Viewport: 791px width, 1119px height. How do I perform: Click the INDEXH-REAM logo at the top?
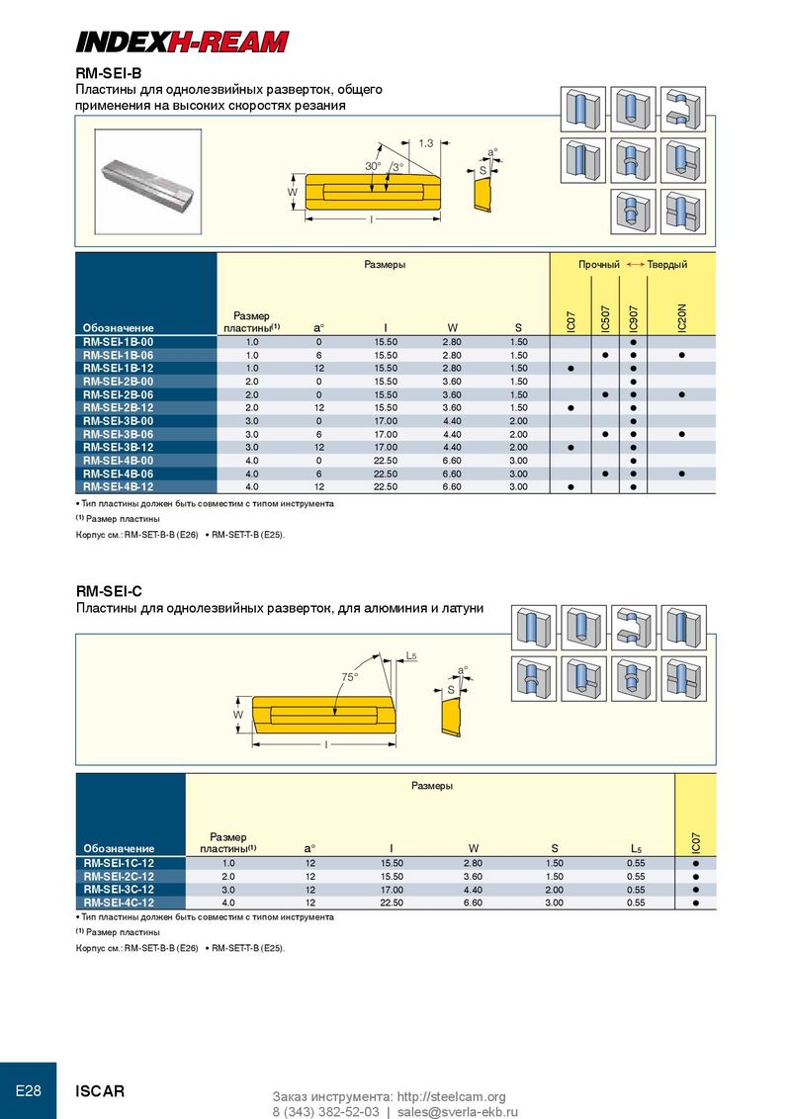pyautogui.click(x=182, y=42)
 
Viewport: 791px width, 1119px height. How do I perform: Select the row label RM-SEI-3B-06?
pyautogui.click(x=118, y=434)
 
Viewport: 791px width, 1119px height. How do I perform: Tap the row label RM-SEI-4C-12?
pyautogui.click(x=119, y=903)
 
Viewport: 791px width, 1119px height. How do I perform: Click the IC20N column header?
pyautogui.click(x=682, y=317)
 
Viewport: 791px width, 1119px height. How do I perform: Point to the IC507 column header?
pyautogui.click(x=605, y=319)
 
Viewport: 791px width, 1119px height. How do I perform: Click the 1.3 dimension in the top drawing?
pyautogui.click(x=425, y=142)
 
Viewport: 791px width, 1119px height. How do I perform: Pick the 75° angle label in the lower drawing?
pyautogui.click(x=350, y=676)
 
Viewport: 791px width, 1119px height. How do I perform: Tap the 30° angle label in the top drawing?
pyautogui.click(x=374, y=165)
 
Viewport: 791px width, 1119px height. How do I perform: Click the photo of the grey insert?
pyautogui.click(x=148, y=181)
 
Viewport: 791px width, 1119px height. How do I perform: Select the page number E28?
pyautogui.click(x=28, y=1090)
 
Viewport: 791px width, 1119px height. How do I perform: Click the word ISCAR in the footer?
pyautogui.click(x=100, y=1091)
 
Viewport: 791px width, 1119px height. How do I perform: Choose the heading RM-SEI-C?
pyautogui.click(x=109, y=591)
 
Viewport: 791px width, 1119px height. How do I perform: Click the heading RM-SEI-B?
pyautogui.click(x=109, y=73)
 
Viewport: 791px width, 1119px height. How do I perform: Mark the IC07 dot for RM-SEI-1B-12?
pyautogui.click(x=571, y=369)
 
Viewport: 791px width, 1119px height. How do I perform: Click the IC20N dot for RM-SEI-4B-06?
pyautogui.click(x=682, y=473)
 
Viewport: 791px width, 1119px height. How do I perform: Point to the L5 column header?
pyautogui.click(x=636, y=848)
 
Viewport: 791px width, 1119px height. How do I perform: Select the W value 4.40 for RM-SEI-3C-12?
pyautogui.click(x=473, y=890)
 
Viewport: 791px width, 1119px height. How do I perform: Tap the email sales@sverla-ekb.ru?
pyautogui.click(x=458, y=1112)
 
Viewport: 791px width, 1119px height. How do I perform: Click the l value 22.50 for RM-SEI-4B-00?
pyautogui.click(x=386, y=461)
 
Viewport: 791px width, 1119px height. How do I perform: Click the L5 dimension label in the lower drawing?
pyautogui.click(x=411, y=655)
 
